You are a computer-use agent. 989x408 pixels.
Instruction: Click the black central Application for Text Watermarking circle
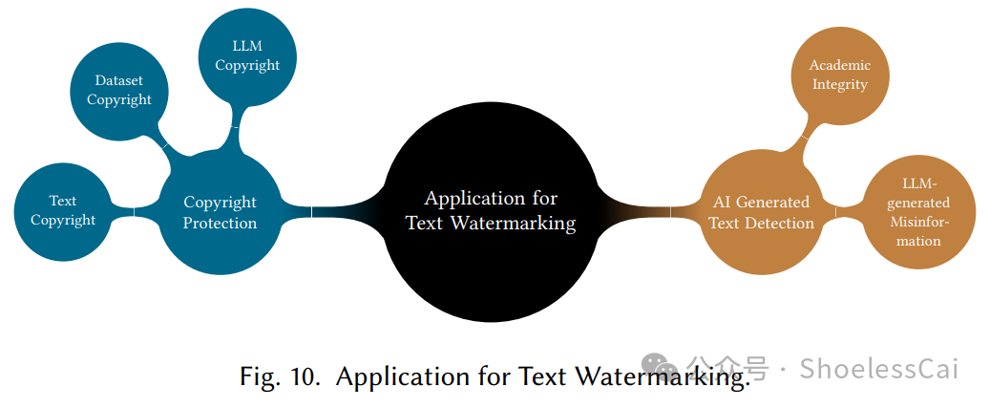[x=491, y=211]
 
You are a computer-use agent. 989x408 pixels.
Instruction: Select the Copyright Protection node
[x=220, y=212]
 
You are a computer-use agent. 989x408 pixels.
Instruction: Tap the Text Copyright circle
[x=63, y=210]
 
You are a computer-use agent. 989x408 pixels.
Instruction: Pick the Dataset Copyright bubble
[x=118, y=91]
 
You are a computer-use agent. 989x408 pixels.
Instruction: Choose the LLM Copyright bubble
[x=247, y=56]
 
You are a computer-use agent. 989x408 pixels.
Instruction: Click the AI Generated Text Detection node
[x=761, y=212]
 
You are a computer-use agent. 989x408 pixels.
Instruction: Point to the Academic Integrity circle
[x=840, y=75]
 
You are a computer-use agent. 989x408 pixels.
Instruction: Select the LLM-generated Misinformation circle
[x=919, y=212]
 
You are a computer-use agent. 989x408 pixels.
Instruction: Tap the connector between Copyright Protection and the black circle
[x=325, y=210]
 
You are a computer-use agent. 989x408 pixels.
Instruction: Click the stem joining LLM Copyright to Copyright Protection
[x=234, y=128]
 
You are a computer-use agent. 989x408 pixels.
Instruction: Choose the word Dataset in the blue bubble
[x=118, y=81]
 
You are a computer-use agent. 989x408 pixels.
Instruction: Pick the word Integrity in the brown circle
[x=840, y=84]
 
